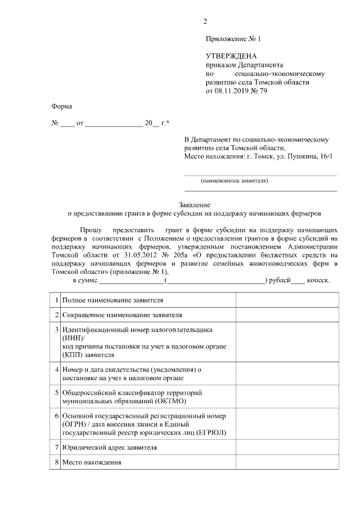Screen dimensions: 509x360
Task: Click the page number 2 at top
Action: tap(205, 22)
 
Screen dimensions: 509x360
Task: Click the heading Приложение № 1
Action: tap(233, 39)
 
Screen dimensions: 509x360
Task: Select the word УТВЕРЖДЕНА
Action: tap(231, 56)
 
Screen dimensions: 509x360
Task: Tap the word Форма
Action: tap(62, 106)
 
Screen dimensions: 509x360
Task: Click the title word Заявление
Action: tap(194, 205)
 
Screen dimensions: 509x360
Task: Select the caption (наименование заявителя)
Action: tap(235, 181)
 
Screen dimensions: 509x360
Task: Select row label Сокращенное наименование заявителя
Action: tap(122, 315)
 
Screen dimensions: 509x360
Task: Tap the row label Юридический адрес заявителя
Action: tap(110, 448)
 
